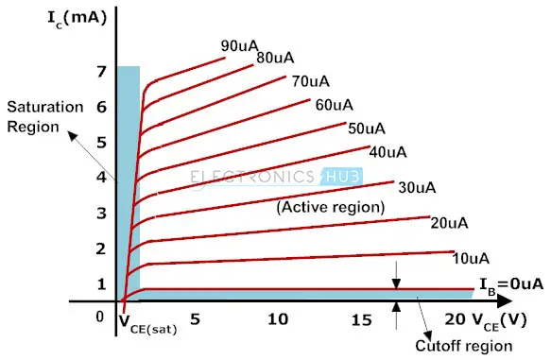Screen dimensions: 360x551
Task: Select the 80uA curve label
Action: [274, 59]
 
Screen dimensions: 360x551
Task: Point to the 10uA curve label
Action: [471, 258]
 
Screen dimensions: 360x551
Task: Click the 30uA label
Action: [417, 187]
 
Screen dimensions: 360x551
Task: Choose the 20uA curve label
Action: [450, 223]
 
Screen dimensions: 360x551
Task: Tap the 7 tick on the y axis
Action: [100, 72]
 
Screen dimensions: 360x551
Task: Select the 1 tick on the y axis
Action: [100, 283]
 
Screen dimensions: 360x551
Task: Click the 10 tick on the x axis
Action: [278, 320]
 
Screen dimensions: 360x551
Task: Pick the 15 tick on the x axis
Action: [361, 320]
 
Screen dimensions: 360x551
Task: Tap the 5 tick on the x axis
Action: [195, 320]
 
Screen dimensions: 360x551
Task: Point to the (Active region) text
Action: [330, 205]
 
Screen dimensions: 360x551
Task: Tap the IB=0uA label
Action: [511, 283]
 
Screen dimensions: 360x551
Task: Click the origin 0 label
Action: [100, 317]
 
